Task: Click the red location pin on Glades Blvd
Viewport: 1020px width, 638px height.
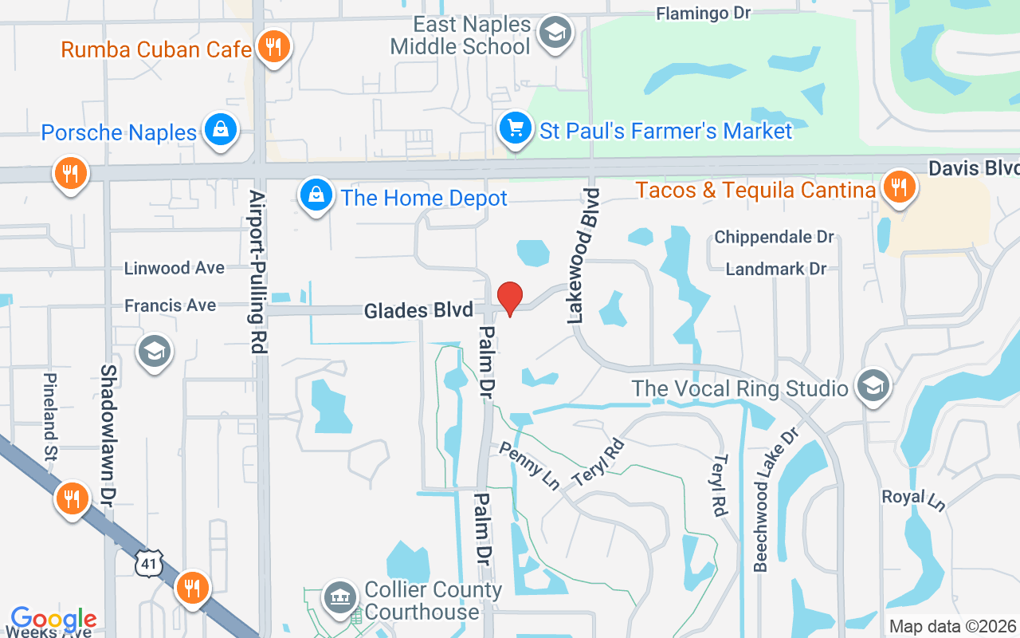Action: tap(509, 297)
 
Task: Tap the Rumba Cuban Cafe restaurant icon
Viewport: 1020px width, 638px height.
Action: tap(273, 47)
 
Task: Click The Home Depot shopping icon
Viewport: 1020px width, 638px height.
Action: tap(316, 195)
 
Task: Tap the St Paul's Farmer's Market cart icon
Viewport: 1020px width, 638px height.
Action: tap(516, 128)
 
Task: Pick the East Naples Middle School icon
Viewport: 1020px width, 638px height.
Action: tap(555, 33)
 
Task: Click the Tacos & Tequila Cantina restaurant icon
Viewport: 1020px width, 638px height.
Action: tap(899, 188)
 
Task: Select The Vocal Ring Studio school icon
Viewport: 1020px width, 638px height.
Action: tap(873, 387)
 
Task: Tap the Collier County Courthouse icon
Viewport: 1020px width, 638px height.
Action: tap(340, 598)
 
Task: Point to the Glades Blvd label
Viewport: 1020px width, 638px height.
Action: tap(418, 310)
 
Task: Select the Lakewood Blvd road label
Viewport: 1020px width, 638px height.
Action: tap(583, 256)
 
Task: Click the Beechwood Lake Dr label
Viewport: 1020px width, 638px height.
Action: tap(765, 500)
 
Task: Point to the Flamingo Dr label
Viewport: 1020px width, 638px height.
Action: tap(704, 13)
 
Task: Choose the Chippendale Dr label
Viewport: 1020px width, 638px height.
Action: tap(774, 237)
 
